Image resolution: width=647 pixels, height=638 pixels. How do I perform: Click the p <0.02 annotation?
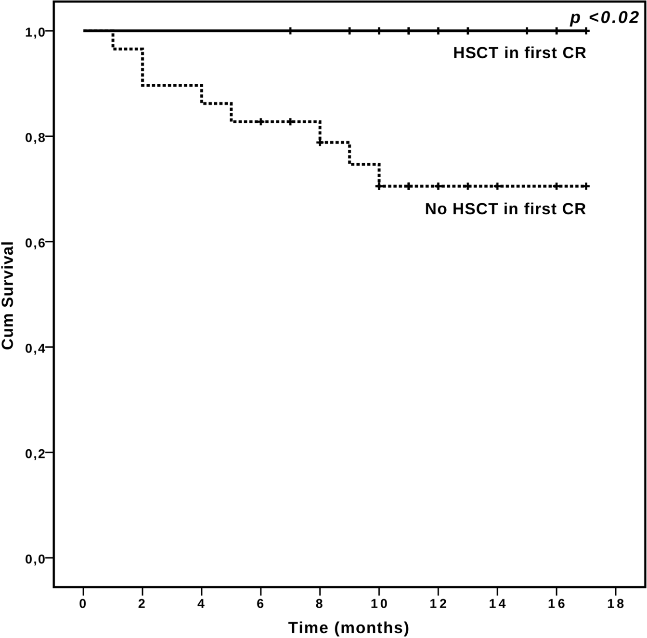(x=605, y=18)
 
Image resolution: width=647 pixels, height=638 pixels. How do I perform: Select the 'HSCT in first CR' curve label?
(x=519, y=53)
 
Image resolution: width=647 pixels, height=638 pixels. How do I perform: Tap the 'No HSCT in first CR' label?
(x=505, y=209)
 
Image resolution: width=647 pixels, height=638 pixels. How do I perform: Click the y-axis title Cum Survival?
(x=8, y=295)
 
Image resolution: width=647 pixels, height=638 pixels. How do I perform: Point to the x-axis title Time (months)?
(x=349, y=627)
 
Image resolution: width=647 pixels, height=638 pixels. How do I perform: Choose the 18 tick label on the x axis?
(x=616, y=604)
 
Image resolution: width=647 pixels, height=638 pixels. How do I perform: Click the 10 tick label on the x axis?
(x=379, y=604)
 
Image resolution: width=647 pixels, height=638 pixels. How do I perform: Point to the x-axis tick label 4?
(x=201, y=604)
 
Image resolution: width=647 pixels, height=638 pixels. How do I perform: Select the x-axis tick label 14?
(x=497, y=604)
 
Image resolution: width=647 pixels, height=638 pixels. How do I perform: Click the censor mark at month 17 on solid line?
(x=586, y=31)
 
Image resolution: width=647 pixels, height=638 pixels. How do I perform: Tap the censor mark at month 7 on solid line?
(x=290, y=31)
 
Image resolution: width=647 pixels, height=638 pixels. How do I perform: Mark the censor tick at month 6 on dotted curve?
(x=260, y=122)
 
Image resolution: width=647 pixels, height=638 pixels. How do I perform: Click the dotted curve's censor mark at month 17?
(x=586, y=186)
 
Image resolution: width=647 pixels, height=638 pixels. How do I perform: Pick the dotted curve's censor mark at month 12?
(x=438, y=186)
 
